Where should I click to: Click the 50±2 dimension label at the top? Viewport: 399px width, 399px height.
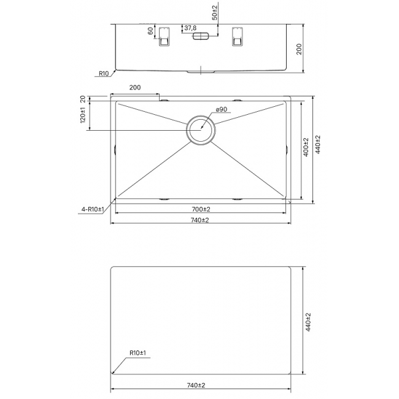click(x=215, y=12)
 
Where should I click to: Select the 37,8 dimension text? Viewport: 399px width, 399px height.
click(x=190, y=28)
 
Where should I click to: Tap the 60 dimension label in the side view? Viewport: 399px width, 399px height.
click(x=150, y=31)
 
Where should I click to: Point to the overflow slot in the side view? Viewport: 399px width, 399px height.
click(x=201, y=36)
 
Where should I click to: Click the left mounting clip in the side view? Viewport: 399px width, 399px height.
click(x=164, y=37)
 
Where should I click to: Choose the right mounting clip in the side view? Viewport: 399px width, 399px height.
click(x=237, y=37)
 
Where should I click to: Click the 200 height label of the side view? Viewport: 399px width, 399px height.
click(x=299, y=49)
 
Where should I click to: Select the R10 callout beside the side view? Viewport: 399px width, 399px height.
click(x=103, y=74)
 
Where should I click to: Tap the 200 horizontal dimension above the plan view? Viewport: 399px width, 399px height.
click(x=135, y=88)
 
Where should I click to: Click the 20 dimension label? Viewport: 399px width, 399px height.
click(x=83, y=99)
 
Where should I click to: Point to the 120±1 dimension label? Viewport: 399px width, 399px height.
click(x=83, y=115)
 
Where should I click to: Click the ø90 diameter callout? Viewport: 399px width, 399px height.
click(x=221, y=109)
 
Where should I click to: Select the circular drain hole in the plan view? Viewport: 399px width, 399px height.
click(x=201, y=130)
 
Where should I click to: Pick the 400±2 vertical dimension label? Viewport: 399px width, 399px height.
click(x=306, y=147)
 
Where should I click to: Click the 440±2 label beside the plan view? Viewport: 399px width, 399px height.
click(x=318, y=144)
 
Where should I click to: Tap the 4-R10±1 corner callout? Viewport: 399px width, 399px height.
click(x=93, y=210)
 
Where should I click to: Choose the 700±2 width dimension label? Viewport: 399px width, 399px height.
click(x=201, y=209)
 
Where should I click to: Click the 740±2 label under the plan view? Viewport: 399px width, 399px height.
click(x=199, y=220)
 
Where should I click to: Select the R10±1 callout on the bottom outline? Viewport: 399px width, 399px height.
click(x=138, y=353)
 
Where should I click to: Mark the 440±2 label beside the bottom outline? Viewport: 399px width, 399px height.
click(x=308, y=322)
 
